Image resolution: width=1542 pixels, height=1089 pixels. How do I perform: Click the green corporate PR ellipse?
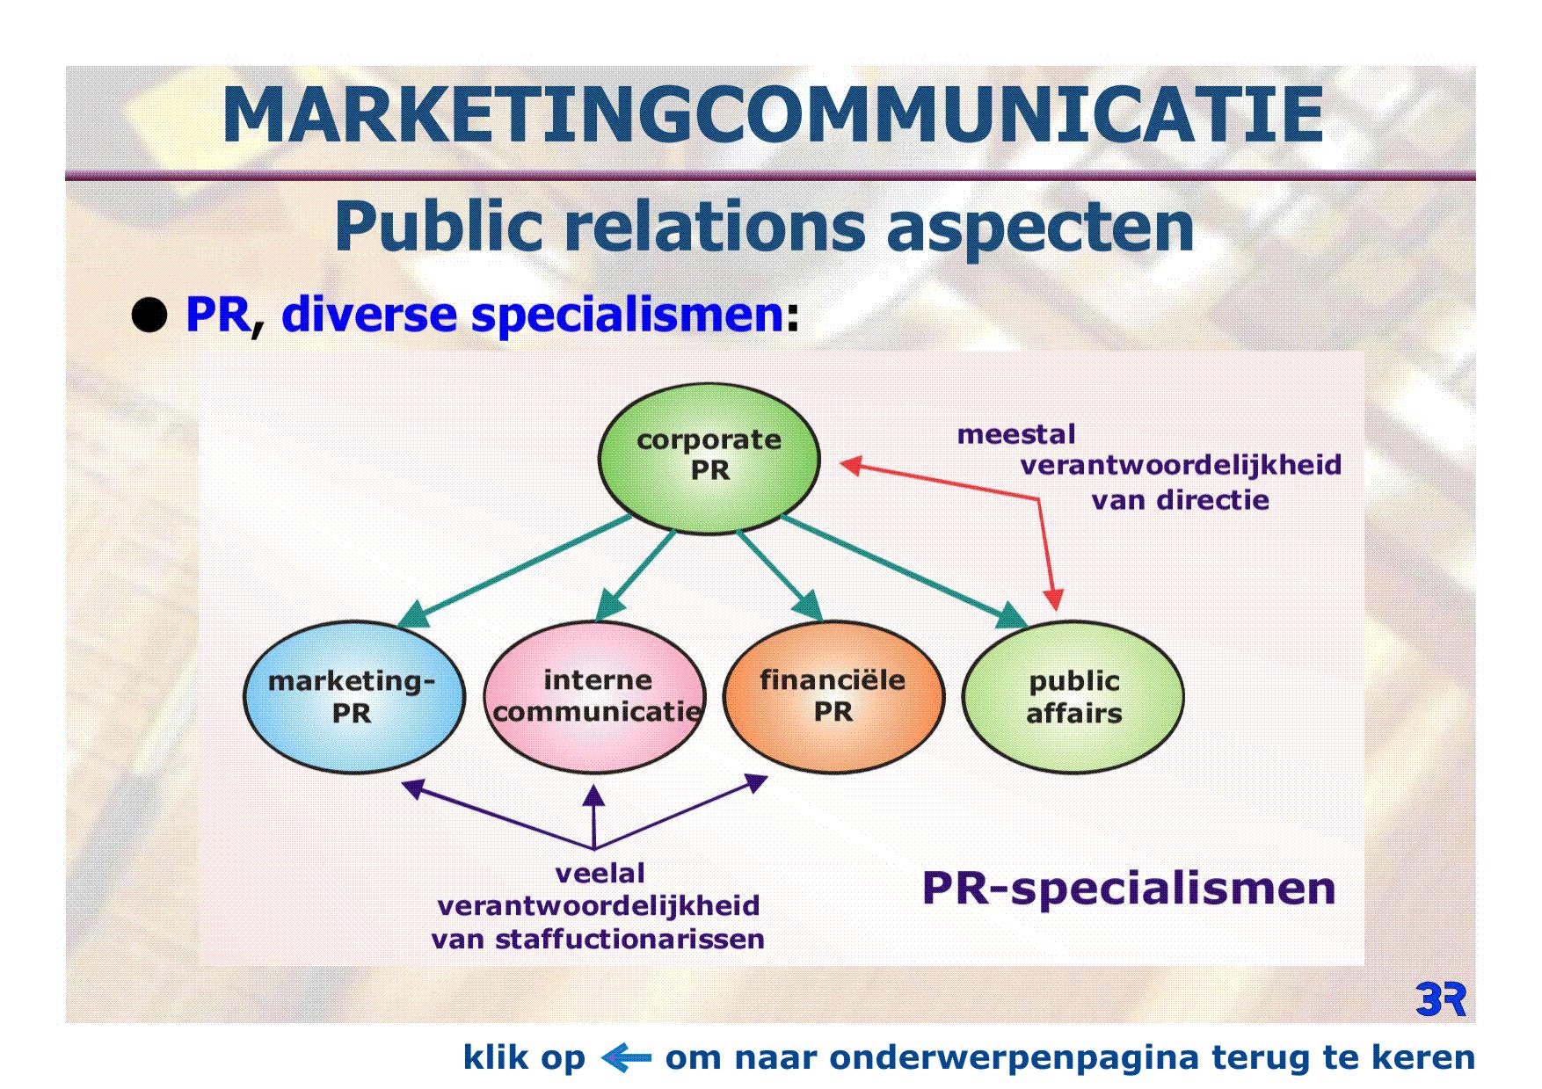coord(709,458)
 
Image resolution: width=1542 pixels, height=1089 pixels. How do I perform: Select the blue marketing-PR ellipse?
coord(353,697)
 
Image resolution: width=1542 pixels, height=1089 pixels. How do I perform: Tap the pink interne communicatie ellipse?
coord(595,697)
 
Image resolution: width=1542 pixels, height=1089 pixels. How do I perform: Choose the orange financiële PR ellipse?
coord(833,697)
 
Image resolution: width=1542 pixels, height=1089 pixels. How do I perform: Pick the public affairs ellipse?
coord(1073,697)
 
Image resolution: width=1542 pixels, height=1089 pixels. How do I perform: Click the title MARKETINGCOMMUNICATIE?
coord(773,115)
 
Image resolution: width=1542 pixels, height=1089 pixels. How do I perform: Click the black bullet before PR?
coord(149,315)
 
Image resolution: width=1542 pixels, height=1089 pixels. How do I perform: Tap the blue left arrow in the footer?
coord(626,1057)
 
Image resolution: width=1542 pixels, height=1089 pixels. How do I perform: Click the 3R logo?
coord(1441,1000)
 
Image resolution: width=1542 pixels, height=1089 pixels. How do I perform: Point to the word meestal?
coord(1016,434)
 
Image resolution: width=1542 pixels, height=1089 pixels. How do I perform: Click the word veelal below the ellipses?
coord(600,873)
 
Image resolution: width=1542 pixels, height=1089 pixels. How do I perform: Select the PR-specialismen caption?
coord(1129,889)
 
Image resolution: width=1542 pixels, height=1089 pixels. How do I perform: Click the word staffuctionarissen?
coord(629,939)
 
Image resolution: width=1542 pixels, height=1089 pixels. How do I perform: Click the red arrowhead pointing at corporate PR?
coord(850,465)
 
